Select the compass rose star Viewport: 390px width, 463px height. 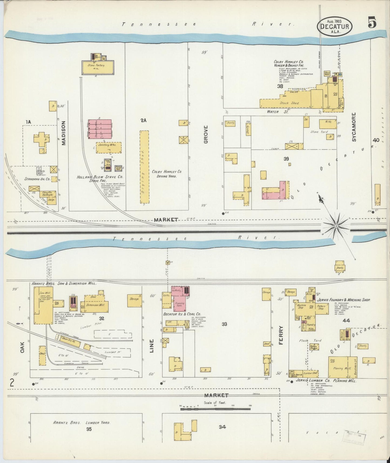336,225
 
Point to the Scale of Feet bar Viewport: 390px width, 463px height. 216,409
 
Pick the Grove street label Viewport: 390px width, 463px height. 206,134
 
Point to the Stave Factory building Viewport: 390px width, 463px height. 98,66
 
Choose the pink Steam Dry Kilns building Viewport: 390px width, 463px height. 100,129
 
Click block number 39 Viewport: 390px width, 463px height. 286,159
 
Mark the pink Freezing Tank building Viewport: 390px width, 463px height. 180,304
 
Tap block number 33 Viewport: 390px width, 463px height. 224,324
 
